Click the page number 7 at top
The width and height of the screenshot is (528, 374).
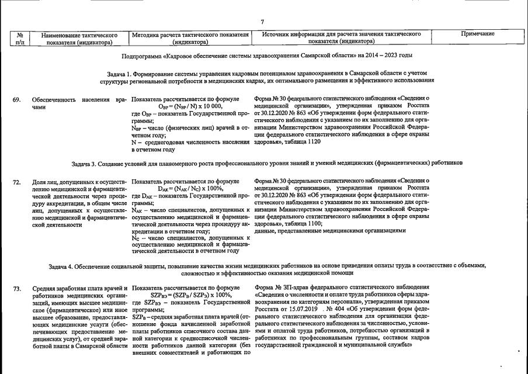(x=262, y=22)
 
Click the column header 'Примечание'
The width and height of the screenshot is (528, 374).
(x=477, y=34)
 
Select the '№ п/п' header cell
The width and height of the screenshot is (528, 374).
(x=20, y=38)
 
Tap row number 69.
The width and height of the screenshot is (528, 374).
(x=17, y=100)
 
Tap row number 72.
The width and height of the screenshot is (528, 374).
(x=17, y=182)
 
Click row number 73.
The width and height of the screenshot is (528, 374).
(x=17, y=289)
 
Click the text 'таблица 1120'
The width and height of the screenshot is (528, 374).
(x=301, y=141)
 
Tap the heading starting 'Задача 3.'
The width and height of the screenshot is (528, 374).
(x=267, y=162)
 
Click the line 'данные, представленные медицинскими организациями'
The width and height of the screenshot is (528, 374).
(x=330, y=230)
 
